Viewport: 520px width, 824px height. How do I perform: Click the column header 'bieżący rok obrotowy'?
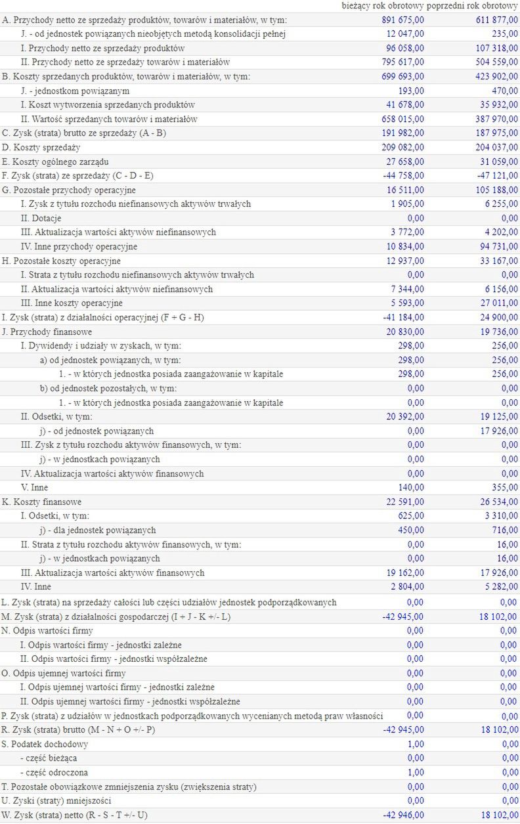pos(383,5)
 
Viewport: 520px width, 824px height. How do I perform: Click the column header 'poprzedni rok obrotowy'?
pos(472,5)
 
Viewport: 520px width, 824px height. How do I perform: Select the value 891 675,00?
pos(402,20)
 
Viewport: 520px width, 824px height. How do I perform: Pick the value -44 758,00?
pos(402,175)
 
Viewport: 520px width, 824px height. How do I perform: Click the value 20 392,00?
pos(404,416)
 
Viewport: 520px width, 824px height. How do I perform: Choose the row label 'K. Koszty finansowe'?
pos(41,502)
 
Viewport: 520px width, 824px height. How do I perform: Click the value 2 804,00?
pos(407,586)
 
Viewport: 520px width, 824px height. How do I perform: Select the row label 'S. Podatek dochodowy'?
pos(45,744)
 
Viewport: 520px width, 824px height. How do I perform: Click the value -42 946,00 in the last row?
pos(402,815)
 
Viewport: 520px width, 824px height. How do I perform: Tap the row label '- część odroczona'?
pos(54,772)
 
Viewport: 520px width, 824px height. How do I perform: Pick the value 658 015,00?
pos(402,119)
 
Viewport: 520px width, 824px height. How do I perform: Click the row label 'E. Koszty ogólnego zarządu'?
pos(56,162)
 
